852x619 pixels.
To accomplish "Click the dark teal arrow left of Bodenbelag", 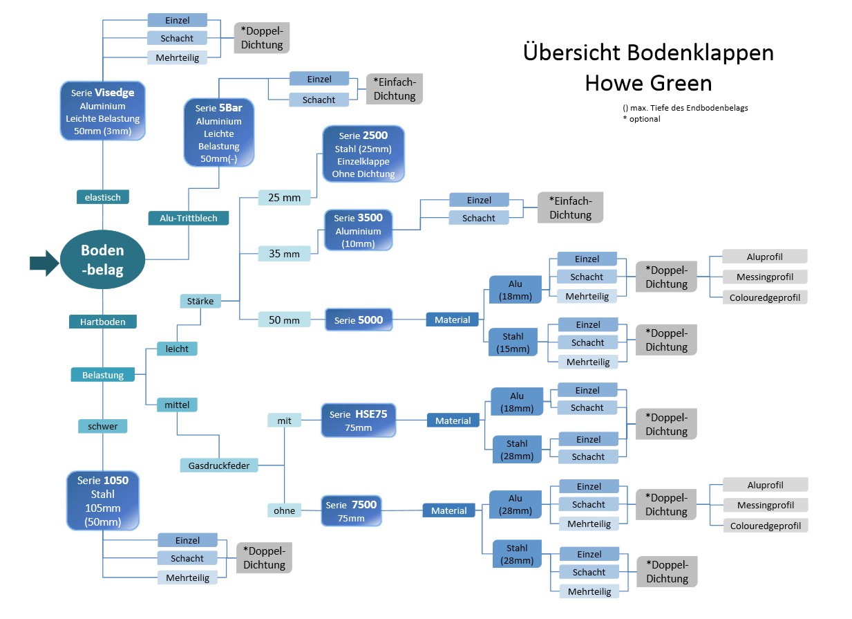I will click(x=44, y=262).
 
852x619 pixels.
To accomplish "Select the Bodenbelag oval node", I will click(x=102, y=259).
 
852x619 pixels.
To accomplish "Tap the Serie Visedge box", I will click(x=102, y=113).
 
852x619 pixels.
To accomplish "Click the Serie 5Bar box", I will click(x=218, y=133).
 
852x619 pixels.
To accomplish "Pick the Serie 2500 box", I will click(x=363, y=154).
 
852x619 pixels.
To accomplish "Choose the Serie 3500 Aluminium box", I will click(x=359, y=231).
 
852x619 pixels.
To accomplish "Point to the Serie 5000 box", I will click(x=359, y=320).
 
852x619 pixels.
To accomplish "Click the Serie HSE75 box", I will click(x=358, y=421).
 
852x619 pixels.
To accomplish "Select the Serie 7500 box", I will click(x=351, y=511).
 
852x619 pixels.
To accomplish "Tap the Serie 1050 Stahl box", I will click(x=103, y=501).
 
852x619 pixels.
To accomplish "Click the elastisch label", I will click(x=103, y=197).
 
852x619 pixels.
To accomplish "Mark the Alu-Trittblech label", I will click(x=189, y=218).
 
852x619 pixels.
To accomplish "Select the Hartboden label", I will click(x=103, y=322).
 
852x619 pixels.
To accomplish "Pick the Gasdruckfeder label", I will click(x=219, y=465).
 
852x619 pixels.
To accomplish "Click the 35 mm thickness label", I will click(x=285, y=254).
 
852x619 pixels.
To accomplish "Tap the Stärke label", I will click(x=200, y=301).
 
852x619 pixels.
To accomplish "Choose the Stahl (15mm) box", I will click(x=513, y=342).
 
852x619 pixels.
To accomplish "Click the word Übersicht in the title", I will click(x=571, y=53).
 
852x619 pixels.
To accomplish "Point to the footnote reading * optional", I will click(x=641, y=119).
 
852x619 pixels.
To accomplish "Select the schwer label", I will click(x=103, y=426).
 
